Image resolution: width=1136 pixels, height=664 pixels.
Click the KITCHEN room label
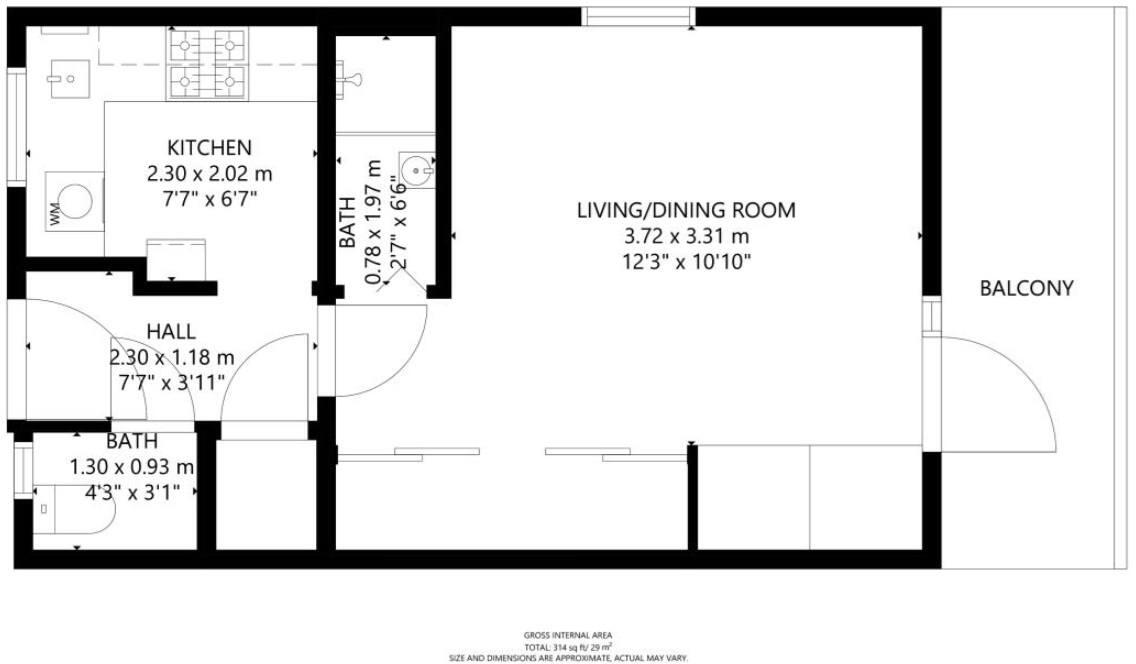coord(209,147)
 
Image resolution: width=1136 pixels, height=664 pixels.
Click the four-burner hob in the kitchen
coord(208,65)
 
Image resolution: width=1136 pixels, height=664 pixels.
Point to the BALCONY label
coord(1026,289)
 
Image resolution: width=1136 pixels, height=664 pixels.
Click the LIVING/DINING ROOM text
coord(686,210)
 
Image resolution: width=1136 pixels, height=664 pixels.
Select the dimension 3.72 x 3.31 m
coord(686,236)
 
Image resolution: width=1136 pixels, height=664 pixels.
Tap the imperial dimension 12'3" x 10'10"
coord(686,262)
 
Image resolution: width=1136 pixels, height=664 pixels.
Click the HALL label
coord(171,331)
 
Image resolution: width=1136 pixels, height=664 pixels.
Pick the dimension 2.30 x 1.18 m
coord(171,356)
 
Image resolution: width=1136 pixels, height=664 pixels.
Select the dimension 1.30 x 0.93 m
coord(131,466)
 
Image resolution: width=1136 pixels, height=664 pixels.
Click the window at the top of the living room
coord(638,16)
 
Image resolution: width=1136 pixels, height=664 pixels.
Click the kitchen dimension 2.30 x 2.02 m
coord(209,173)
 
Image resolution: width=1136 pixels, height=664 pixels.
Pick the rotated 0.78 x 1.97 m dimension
coord(373,222)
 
